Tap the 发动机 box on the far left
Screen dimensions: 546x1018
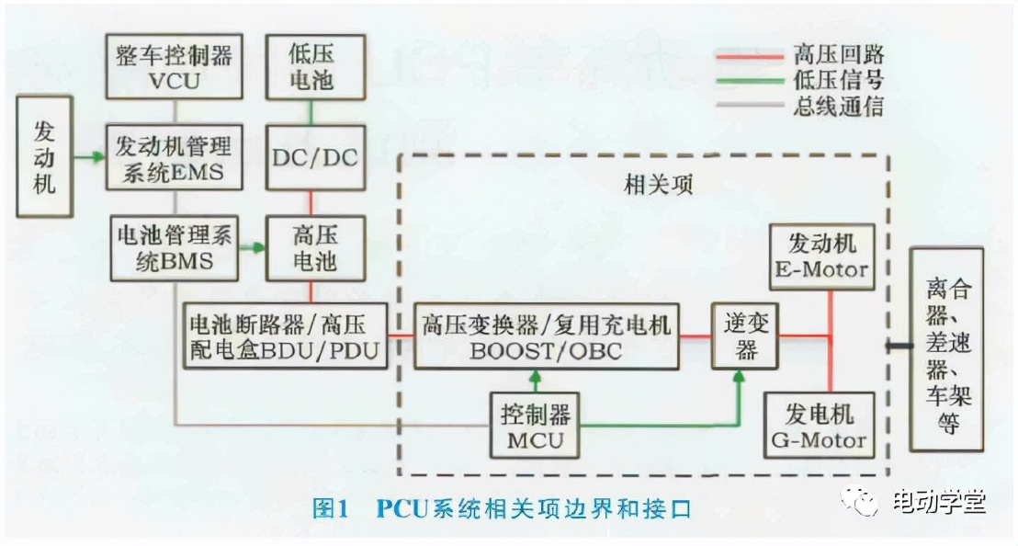(x=44, y=157)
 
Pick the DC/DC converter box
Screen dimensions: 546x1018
(x=314, y=157)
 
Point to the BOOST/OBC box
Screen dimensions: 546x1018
(x=547, y=337)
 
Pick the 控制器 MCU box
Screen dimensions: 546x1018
(x=537, y=426)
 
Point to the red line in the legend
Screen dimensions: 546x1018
(x=746, y=54)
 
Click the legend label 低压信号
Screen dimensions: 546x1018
(x=839, y=80)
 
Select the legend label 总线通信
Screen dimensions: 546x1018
(x=839, y=107)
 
